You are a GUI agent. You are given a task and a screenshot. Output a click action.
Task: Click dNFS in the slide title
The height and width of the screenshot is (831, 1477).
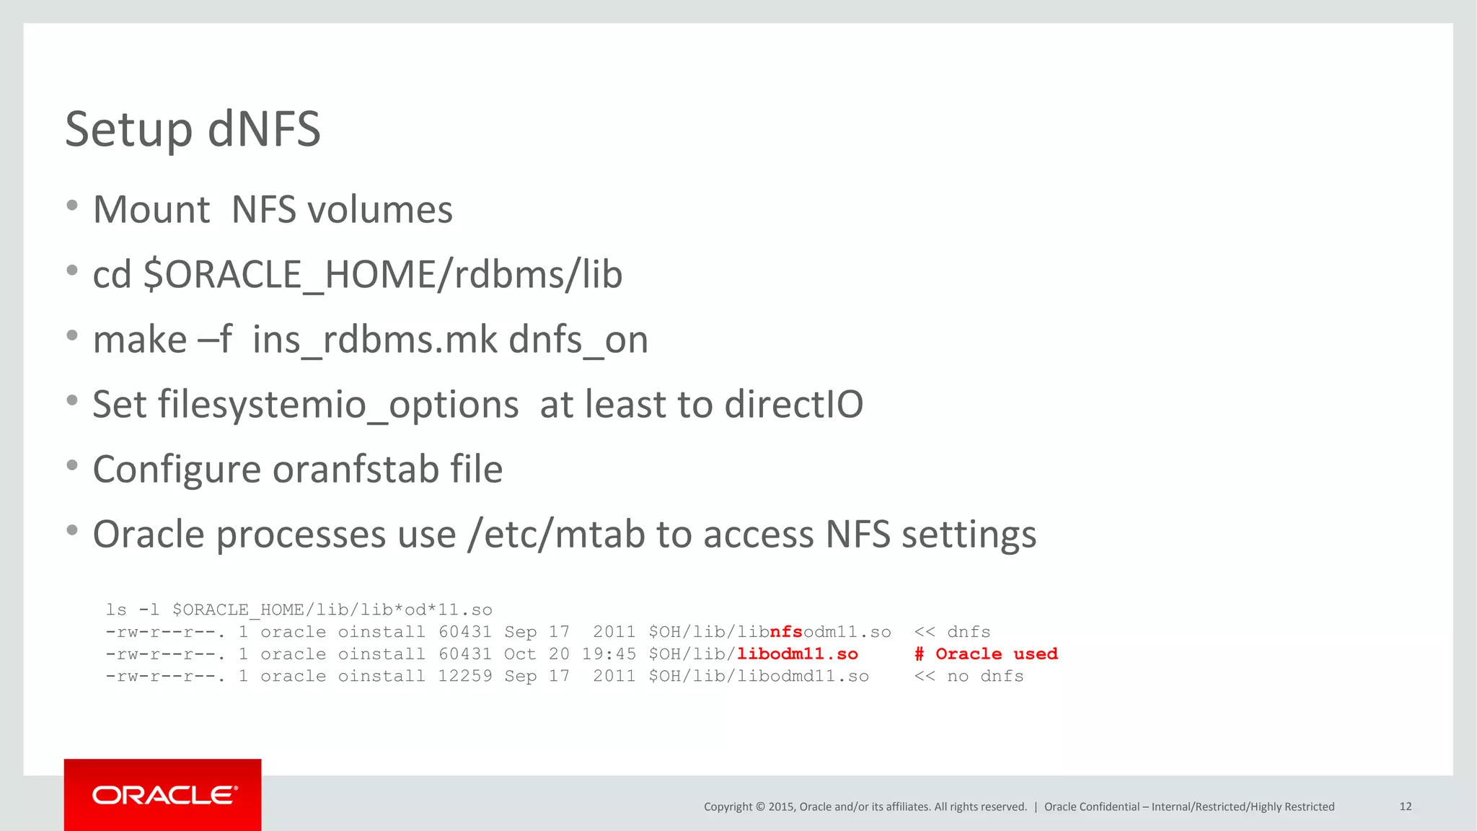[x=264, y=130]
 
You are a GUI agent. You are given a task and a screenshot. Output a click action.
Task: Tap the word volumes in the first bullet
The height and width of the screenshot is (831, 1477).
[x=380, y=211]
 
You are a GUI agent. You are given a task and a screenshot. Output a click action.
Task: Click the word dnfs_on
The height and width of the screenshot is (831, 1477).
[x=578, y=340]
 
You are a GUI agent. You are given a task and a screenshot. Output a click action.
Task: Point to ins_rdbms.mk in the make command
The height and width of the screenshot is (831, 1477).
[x=375, y=340]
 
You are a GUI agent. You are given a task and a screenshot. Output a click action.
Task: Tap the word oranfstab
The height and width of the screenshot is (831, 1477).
[x=356, y=470]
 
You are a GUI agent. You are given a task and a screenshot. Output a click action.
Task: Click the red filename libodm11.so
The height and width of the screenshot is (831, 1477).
[x=798, y=654]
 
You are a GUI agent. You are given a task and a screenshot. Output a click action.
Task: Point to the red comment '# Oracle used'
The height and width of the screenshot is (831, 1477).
[x=986, y=654]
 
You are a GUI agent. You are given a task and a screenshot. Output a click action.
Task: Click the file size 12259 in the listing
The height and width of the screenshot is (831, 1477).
[x=465, y=677]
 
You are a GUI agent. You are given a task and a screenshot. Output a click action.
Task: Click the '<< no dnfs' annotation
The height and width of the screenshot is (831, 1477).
[x=969, y=677]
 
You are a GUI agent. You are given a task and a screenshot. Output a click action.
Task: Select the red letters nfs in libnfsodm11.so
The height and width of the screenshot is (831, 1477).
[x=786, y=632]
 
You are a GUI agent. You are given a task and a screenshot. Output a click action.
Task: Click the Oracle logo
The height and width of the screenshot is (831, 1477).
[x=164, y=795]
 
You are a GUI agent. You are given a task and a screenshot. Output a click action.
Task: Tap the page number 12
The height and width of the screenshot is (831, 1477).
[x=1405, y=806]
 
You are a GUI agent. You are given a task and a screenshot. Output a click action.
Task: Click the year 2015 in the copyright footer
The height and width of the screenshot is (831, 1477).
[x=781, y=806]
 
